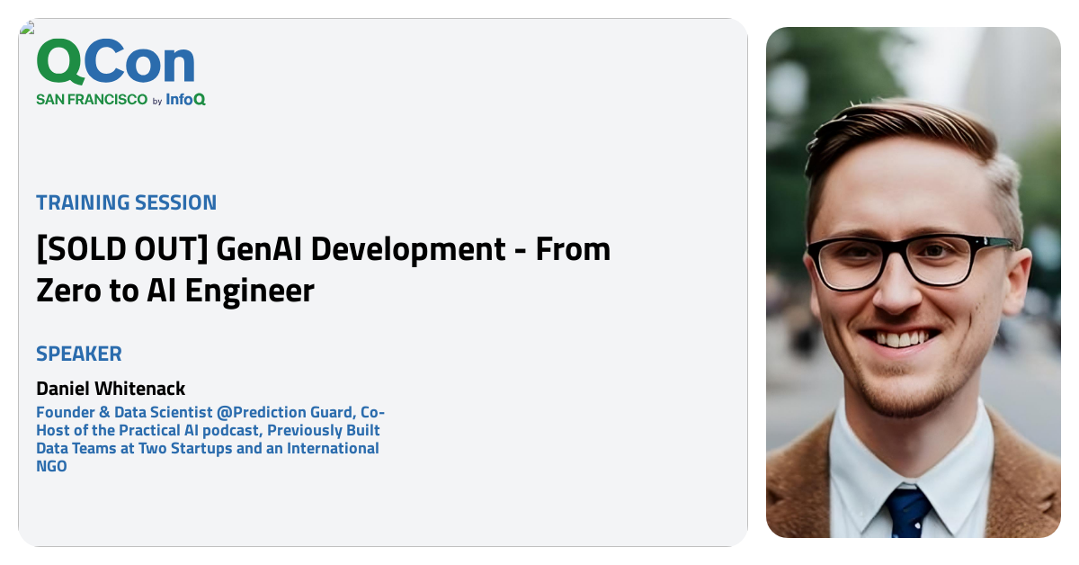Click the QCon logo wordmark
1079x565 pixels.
(x=115, y=63)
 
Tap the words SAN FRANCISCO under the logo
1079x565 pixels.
(x=91, y=100)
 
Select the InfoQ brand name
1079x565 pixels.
(x=185, y=100)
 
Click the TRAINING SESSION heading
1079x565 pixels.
(x=126, y=202)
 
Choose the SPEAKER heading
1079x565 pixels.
(x=79, y=354)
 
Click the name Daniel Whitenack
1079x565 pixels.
(x=111, y=389)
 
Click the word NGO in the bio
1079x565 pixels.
(x=51, y=466)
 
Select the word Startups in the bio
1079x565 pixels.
(x=196, y=448)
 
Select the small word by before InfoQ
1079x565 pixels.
(x=157, y=102)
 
